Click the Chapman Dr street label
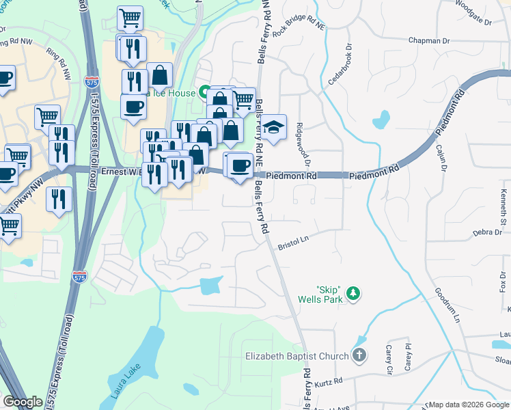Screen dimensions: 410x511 point(430,41)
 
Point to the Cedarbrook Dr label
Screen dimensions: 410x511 point(340,66)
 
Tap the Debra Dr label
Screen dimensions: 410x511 point(488,233)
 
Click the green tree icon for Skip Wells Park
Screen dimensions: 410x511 point(353,293)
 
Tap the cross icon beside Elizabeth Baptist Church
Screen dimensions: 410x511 point(359,355)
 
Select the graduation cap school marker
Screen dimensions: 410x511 point(273,127)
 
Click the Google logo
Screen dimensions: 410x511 point(23,402)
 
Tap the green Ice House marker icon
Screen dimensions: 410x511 point(204,92)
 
